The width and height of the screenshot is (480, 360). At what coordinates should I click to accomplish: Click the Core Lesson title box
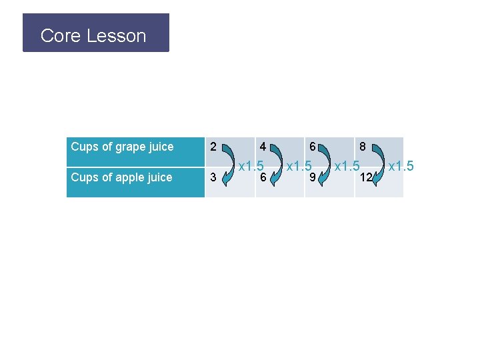96,33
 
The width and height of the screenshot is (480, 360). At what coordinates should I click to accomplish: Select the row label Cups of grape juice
122,147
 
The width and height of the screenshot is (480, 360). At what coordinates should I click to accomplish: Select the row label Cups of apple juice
121,177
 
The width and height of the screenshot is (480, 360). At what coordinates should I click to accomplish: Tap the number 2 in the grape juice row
213,146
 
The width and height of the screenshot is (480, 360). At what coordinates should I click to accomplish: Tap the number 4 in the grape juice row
263,146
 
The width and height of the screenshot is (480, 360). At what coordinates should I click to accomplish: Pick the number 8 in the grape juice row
363,146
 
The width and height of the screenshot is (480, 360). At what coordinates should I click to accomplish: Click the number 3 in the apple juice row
213,177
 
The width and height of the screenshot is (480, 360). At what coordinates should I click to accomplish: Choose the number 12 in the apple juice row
365,177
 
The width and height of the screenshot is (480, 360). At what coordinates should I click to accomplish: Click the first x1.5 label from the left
252,165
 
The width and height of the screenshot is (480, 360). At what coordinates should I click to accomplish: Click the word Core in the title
61,36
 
